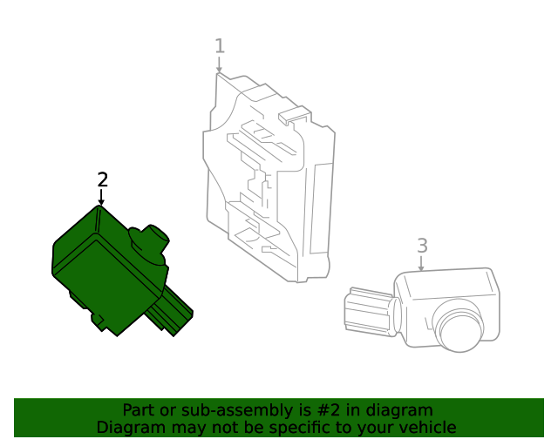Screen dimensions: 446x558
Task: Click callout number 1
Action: (220, 46)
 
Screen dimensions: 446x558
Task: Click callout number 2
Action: (103, 179)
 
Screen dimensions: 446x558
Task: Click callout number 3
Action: (422, 246)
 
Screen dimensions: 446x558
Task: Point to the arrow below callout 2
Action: (102, 199)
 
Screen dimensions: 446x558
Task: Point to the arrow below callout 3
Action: (422, 264)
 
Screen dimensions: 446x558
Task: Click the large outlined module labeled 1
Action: (266, 183)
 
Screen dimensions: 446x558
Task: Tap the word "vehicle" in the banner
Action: (428, 428)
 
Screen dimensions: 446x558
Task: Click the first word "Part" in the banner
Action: (138, 410)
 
